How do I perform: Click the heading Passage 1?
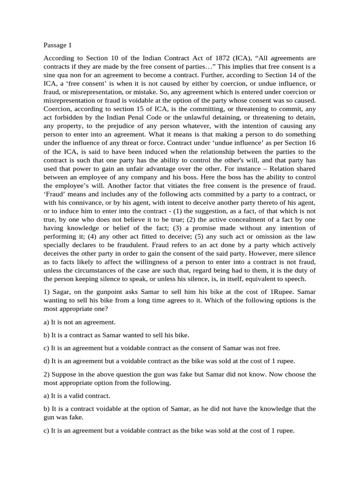coord(58,45)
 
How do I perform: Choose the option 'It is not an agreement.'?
coord(79,322)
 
